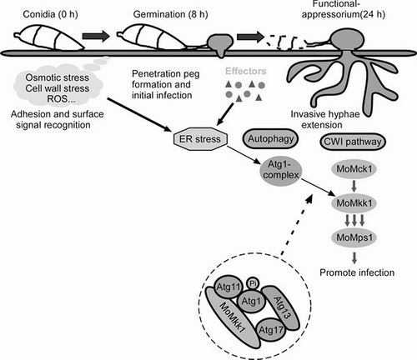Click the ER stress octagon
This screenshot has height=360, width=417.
pos(200,139)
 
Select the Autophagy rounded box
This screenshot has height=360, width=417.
pos(270,139)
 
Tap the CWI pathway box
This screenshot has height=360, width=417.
pos(353,142)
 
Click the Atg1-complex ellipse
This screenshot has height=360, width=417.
pos(281,170)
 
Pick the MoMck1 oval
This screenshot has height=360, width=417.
pos(354,169)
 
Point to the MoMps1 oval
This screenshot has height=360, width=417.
pos(354,237)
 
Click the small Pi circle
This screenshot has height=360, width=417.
pos(253,283)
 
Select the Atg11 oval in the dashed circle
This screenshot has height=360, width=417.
pos(228,287)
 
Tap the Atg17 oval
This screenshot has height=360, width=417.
pos(271,330)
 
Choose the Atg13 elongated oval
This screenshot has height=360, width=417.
pos(281,307)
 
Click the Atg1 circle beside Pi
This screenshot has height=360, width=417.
pos(251,301)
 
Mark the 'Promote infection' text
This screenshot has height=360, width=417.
pos(357,272)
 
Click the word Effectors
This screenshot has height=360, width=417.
pos(246,71)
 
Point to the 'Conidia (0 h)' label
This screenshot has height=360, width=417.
pos(51,14)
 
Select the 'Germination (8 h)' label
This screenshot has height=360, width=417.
pos(171,14)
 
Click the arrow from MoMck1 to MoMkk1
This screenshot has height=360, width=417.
pos(354,186)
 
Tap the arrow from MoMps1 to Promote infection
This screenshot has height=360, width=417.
pos(354,257)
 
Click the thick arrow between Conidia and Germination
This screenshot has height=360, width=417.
pos(96,36)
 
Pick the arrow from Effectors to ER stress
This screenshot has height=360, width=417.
pos(225,114)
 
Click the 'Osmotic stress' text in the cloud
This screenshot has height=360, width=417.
pos(58,77)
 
